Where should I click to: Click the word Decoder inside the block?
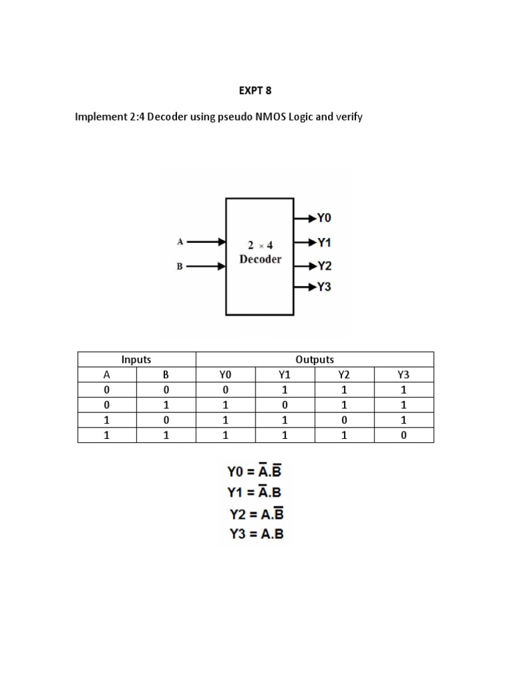pyautogui.click(x=260, y=259)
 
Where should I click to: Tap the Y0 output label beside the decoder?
pyautogui.click(x=324, y=217)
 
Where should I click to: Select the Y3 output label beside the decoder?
pyautogui.click(x=324, y=287)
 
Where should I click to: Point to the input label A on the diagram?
pyautogui.click(x=180, y=243)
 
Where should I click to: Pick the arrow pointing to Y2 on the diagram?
pyautogui.click(x=304, y=267)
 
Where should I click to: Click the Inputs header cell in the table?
pyautogui.click(x=136, y=360)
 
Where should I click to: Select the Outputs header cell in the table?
pyautogui.click(x=315, y=360)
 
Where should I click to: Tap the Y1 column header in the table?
pyautogui.click(x=285, y=375)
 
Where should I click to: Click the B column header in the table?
pyautogui.click(x=166, y=375)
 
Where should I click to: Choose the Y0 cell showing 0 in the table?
pyautogui.click(x=226, y=390)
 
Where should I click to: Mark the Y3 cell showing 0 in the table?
pyautogui.click(x=404, y=436)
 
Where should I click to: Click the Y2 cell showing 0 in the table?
pyautogui.click(x=345, y=420)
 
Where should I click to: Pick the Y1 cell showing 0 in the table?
pyautogui.click(x=285, y=405)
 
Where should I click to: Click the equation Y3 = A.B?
pyautogui.click(x=255, y=534)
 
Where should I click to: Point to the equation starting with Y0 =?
pyautogui.click(x=255, y=472)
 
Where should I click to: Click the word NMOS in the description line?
pyautogui.click(x=265, y=118)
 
